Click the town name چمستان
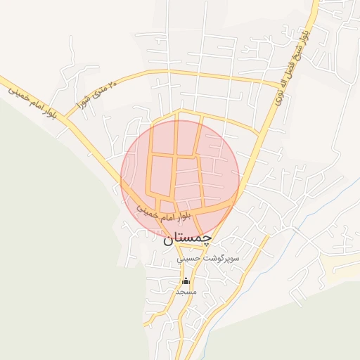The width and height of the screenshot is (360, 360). pyautogui.click(x=187, y=239)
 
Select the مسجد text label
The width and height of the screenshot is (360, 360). pyautogui.click(x=186, y=291)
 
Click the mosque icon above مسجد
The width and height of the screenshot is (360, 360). pyautogui.click(x=186, y=281)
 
